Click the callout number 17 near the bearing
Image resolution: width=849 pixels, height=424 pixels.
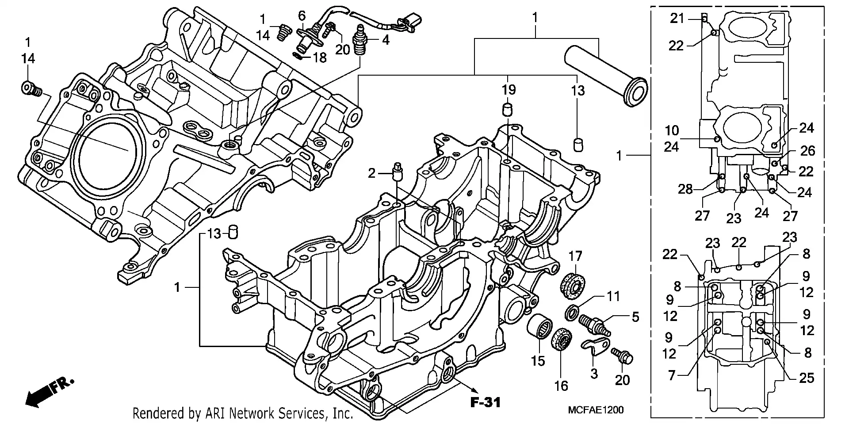coord(575,256)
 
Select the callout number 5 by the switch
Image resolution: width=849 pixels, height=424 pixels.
coord(635,317)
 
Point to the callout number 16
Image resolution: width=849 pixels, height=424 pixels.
coord(561,386)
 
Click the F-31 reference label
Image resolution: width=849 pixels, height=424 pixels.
coord(485,402)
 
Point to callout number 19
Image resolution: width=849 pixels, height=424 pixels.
coord(509,90)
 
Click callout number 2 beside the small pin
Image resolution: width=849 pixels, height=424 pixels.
coord(371,173)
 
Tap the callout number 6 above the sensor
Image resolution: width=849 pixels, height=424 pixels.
coord(302,16)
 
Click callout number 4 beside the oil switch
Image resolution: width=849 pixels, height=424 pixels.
coord(386,40)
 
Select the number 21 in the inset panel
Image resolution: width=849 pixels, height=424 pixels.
coord(677,18)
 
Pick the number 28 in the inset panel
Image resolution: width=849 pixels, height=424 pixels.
coord(685,190)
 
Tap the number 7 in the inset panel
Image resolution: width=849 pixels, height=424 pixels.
coord(672,375)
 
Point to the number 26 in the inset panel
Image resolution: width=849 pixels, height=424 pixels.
coord(807,151)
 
